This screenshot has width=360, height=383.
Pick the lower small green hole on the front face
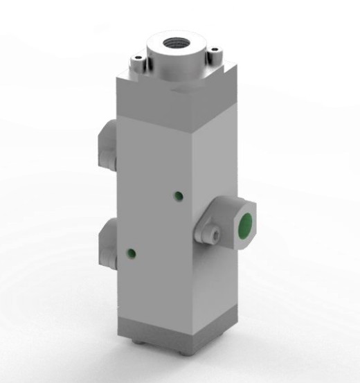tap(129, 251)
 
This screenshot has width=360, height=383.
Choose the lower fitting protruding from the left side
tap(107, 246)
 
